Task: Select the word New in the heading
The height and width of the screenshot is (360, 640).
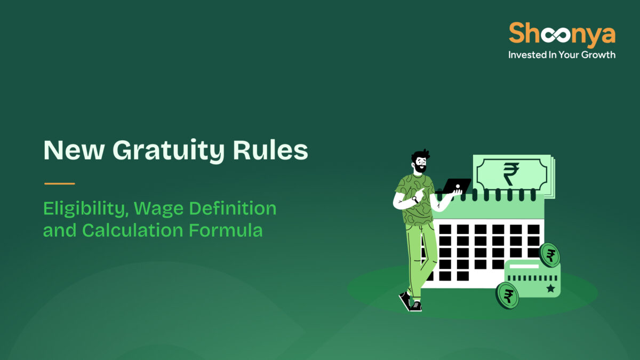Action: point(72,151)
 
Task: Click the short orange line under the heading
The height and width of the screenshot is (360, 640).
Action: point(59,183)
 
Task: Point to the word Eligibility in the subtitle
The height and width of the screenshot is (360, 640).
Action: point(86,209)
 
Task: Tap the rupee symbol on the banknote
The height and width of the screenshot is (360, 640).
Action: point(510,174)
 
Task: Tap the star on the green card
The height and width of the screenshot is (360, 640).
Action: point(550,289)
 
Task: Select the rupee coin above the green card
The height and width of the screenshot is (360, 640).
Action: point(549,255)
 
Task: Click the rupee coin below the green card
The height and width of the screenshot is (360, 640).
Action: point(507,295)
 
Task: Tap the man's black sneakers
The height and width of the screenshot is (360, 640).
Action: point(410,302)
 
